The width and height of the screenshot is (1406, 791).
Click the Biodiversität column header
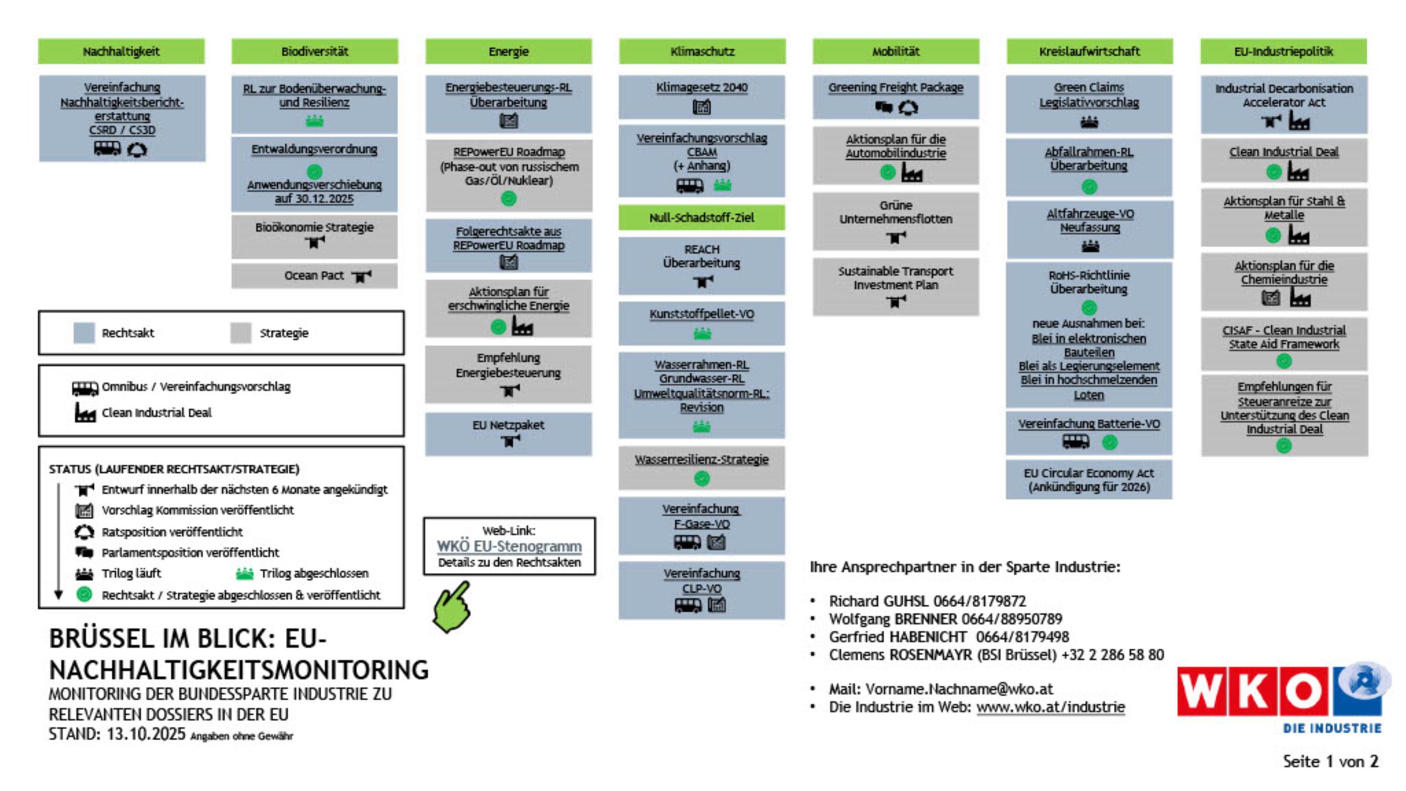pyautogui.click(x=315, y=51)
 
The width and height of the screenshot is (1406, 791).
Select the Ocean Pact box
pyautogui.click(x=315, y=276)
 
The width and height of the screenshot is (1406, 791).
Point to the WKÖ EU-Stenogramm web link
pyautogui.click(x=509, y=546)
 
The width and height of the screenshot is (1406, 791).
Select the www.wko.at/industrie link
pyautogui.click(x=1050, y=707)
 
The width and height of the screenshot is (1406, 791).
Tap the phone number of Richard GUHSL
pyautogui.click(x=980, y=601)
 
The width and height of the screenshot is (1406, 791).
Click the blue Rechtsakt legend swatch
pyautogui.click(x=84, y=333)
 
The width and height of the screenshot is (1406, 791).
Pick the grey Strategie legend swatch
pyautogui.click(x=240, y=333)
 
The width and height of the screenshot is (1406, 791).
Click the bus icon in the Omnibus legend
pyautogui.click(x=85, y=388)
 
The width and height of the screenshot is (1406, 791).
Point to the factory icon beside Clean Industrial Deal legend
pyautogui.click(x=85, y=413)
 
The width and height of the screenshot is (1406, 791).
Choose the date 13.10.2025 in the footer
pyautogui.click(x=146, y=734)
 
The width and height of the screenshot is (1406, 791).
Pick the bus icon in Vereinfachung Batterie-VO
pyautogui.click(x=1075, y=442)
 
